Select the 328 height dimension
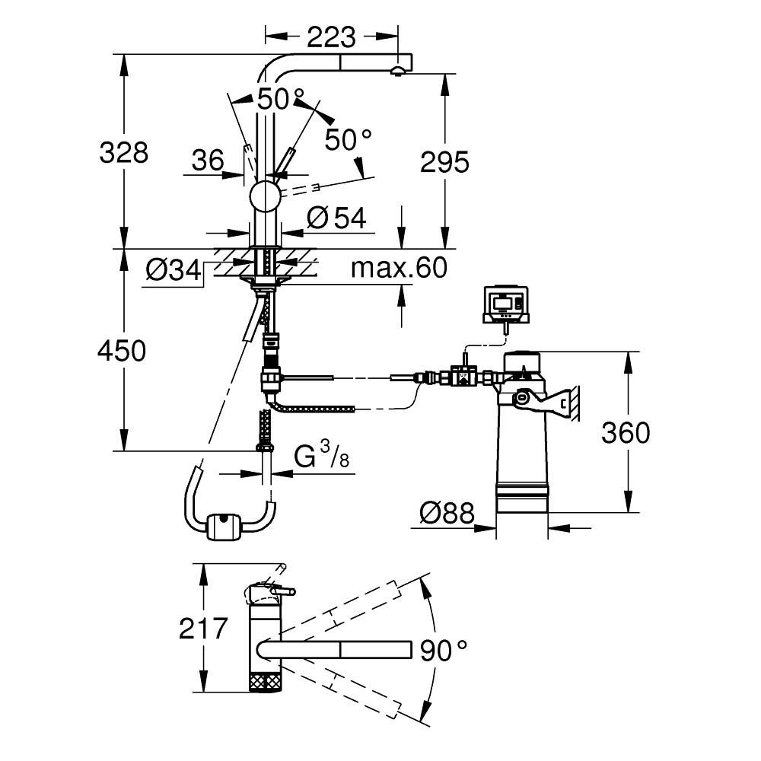click(123, 153)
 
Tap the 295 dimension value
click(444, 161)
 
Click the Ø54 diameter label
click(336, 218)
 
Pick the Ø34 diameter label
click(174, 269)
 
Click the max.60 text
click(399, 268)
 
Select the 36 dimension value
click(207, 161)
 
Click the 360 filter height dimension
click(626, 432)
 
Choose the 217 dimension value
click(203, 629)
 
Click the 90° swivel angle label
click(443, 649)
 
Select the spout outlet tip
click(396, 72)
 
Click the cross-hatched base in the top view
click(266, 680)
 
